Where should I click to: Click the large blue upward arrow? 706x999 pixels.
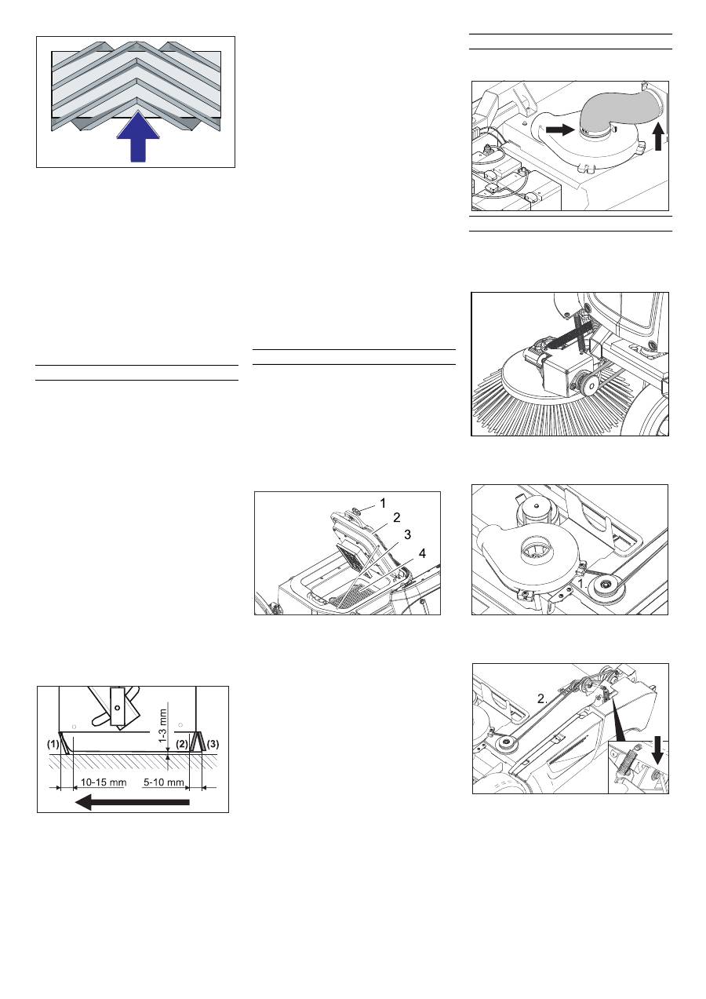[x=138, y=137]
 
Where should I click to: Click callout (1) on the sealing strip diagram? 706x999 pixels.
[x=53, y=744]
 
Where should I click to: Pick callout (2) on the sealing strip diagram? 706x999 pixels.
[x=182, y=744]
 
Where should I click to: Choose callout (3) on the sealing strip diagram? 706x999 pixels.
[x=213, y=744]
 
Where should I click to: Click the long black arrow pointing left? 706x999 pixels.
[x=133, y=802]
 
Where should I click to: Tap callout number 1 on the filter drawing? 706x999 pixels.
[x=383, y=504]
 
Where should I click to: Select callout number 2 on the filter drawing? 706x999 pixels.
[x=396, y=517]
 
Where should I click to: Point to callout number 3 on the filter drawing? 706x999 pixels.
[x=407, y=534]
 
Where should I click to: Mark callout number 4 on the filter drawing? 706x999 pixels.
[x=422, y=553]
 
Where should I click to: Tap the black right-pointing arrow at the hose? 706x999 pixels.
[x=561, y=129]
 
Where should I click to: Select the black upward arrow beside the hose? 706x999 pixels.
[x=658, y=137]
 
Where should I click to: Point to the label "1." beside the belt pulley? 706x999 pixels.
[x=581, y=584]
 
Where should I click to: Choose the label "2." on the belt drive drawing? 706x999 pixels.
[x=542, y=699]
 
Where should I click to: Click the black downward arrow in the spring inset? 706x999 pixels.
[x=658, y=750]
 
